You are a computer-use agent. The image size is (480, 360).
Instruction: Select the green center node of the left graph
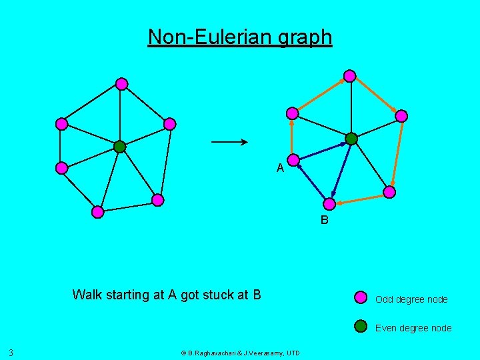click(119, 147)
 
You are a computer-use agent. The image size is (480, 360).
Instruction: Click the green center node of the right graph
click(351, 139)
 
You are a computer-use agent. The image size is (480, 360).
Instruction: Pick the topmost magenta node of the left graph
click(121, 83)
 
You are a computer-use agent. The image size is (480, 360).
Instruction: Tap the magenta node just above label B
click(329, 204)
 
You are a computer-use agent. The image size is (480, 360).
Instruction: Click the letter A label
click(281, 168)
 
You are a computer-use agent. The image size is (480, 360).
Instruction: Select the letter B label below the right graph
click(324, 220)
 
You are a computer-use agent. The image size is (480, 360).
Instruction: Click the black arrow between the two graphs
click(229, 141)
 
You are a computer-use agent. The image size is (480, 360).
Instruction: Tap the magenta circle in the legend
click(361, 297)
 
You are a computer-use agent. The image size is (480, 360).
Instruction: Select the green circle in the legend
click(361, 326)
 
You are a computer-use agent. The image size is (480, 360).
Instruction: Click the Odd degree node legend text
click(411, 299)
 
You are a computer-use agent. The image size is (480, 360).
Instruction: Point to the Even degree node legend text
click(413, 328)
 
